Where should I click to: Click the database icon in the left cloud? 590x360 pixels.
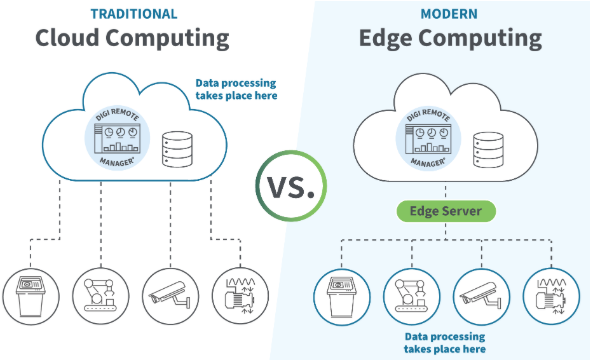tap(177, 148)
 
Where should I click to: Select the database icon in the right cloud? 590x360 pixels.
tap(489, 148)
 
